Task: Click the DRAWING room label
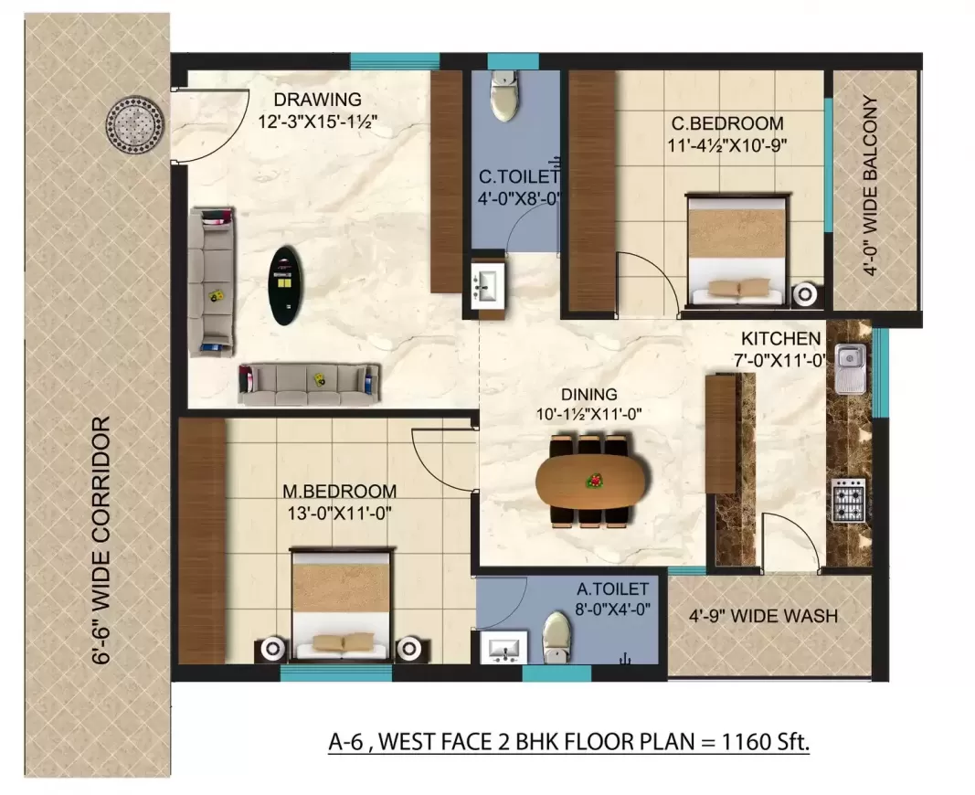(319, 100)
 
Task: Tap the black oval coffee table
(288, 284)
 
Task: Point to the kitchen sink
(849, 366)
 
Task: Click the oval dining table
(590, 480)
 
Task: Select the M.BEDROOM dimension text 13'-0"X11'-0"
(338, 513)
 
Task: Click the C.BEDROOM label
(727, 123)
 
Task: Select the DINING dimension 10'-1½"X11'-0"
(590, 413)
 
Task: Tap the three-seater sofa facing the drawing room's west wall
(212, 280)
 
